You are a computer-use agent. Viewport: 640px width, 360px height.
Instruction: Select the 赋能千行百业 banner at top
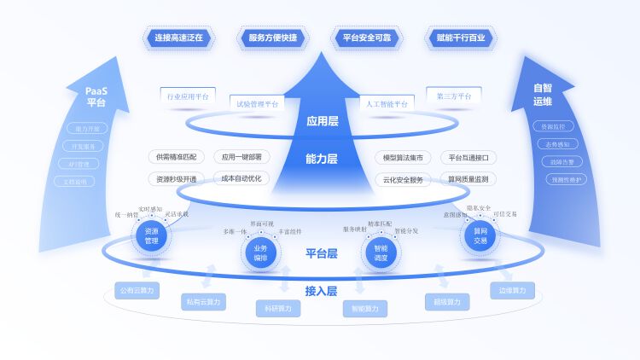coord(460,38)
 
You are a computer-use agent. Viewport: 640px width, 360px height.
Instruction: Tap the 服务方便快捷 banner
coord(272,38)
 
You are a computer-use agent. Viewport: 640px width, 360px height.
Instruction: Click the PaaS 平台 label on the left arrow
coord(96,96)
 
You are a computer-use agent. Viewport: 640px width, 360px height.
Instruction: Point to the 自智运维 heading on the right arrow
coord(543,94)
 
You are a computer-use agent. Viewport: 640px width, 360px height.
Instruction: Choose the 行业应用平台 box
coord(188,96)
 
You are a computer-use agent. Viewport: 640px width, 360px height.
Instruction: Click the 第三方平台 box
coord(453,96)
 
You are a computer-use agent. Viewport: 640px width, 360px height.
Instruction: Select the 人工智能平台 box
coord(387,104)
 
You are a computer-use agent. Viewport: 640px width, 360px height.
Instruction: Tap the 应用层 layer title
coord(322,121)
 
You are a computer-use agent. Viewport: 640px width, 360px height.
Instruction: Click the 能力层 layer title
coord(322,158)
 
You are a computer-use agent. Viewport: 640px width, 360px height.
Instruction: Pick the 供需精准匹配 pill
coord(176,157)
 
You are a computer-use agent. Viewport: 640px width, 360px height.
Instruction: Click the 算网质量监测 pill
coord(468,179)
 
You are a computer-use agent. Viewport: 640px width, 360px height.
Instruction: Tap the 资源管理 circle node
coord(151,235)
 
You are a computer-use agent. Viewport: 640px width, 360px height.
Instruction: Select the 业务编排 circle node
coord(260,253)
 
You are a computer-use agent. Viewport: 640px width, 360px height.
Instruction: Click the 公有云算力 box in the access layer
coord(137,290)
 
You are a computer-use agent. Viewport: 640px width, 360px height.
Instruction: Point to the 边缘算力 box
coord(513,290)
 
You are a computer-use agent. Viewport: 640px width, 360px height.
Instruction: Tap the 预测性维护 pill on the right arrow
coord(567,179)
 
